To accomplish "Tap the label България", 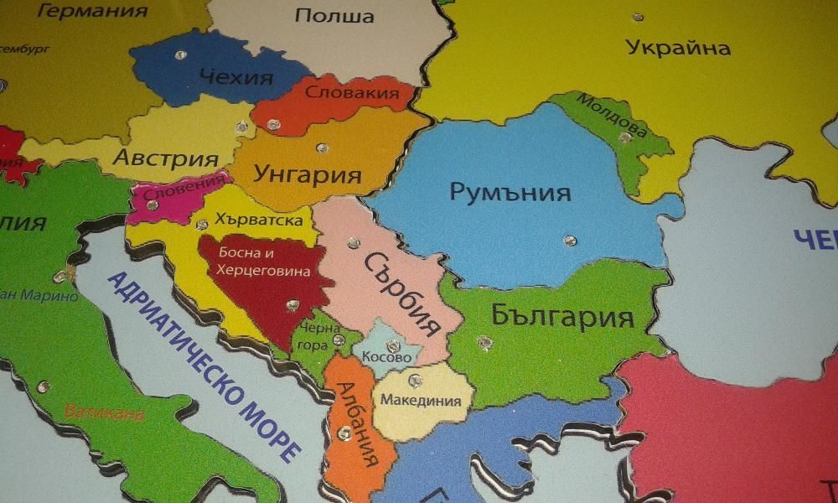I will point(561,316).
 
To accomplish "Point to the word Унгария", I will point(308,175).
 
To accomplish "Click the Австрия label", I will point(166,158).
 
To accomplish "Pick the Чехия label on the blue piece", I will point(236,78).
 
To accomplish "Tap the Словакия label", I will point(351,92).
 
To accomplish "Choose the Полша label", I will point(323,16).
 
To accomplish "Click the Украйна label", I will point(678,47).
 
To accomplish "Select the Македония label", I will point(421,400).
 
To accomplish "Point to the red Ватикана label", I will point(105,413).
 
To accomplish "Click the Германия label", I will point(93,11).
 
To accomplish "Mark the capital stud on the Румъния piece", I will point(570,241).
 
